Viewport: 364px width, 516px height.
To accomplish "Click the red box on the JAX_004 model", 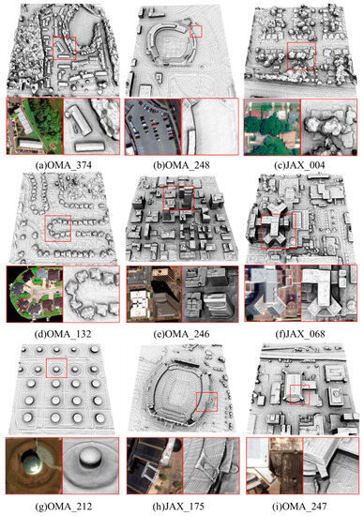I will tap(301, 56).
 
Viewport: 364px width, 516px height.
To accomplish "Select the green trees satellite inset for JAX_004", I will tap(271, 128).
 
